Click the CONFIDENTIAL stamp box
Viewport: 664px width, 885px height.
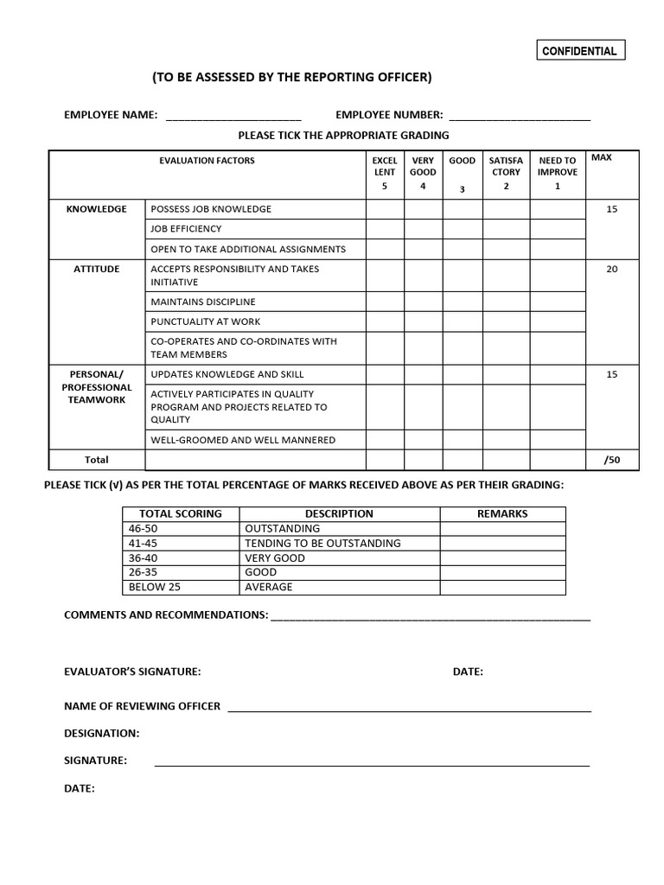[x=579, y=51]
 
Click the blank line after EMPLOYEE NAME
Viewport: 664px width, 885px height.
[x=233, y=118]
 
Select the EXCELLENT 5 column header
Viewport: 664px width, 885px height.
[x=385, y=174]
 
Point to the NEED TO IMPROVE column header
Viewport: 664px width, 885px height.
[x=557, y=174]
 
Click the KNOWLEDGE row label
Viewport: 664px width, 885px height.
[x=97, y=209]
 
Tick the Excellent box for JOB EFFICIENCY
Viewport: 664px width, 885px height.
[x=385, y=229]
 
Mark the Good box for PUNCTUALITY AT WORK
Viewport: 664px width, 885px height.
[x=463, y=322]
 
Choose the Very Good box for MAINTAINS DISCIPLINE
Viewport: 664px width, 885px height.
[x=423, y=302]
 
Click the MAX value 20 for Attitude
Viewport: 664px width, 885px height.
[x=612, y=269]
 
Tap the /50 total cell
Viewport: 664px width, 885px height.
[x=612, y=460]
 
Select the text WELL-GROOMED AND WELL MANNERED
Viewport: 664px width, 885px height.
[x=243, y=440]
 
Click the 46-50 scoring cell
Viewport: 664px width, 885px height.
[x=181, y=528]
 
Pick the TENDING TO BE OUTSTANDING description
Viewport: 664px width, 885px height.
[x=323, y=543]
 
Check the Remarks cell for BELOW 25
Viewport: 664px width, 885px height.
[x=502, y=587]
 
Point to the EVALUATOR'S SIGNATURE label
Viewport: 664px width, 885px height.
[x=132, y=672]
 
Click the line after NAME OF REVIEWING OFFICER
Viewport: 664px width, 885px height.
[x=409, y=708]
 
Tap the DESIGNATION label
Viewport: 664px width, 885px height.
[x=101, y=733]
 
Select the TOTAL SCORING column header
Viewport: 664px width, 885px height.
[x=181, y=513]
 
